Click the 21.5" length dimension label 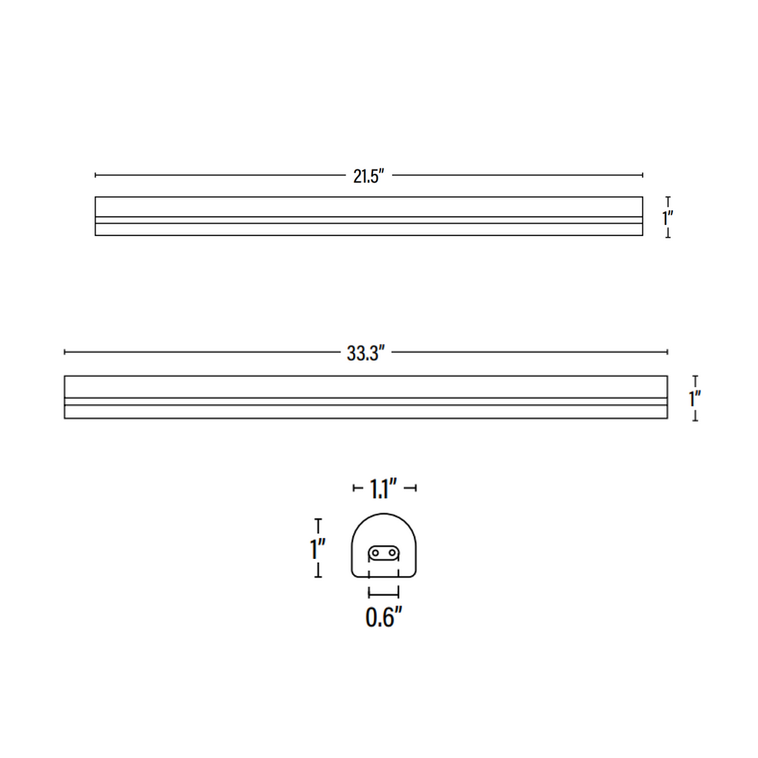point(369,176)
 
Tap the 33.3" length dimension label point(366,353)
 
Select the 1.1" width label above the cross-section point(384,489)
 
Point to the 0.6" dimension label point(384,617)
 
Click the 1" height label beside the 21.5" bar point(668,218)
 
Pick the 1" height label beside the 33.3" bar point(695,399)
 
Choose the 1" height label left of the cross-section point(318,549)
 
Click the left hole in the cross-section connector point(375,552)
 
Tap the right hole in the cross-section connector point(392,552)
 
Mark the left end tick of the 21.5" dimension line point(95,175)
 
